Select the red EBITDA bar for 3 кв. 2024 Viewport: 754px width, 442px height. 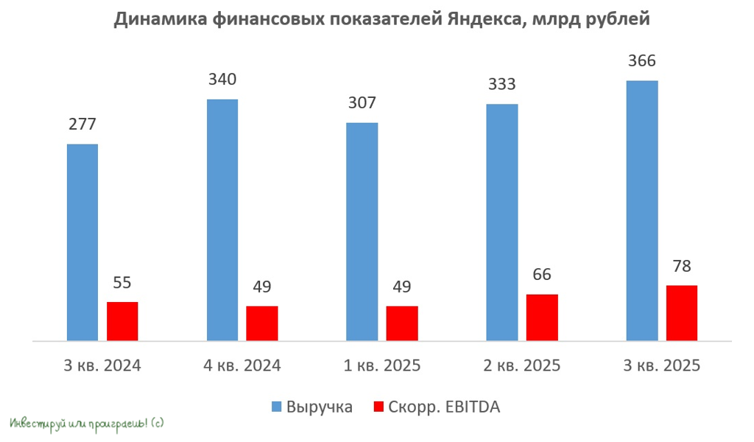coord(122,321)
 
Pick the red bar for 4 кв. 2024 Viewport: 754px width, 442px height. coord(262,323)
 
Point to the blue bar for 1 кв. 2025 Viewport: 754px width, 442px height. coord(362,231)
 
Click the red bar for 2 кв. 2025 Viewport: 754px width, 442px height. coord(542,318)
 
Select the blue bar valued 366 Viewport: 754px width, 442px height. coord(641,210)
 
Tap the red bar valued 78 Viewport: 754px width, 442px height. coord(681,313)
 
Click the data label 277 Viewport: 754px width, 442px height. coord(82,124)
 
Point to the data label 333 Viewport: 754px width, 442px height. coord(501,85)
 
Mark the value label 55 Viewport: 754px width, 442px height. coord(122,282)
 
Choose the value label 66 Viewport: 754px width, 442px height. coord(542,275)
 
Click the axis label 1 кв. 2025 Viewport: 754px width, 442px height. coord(383,365)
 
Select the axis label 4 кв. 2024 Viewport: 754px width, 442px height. coord(243,365)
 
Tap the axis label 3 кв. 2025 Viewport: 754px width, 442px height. coord(662,365)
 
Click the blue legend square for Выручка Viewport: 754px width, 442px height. coord(277,407)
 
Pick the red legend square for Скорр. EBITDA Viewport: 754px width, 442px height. coord(379,407)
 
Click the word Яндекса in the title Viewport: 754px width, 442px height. coord(482,21)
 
